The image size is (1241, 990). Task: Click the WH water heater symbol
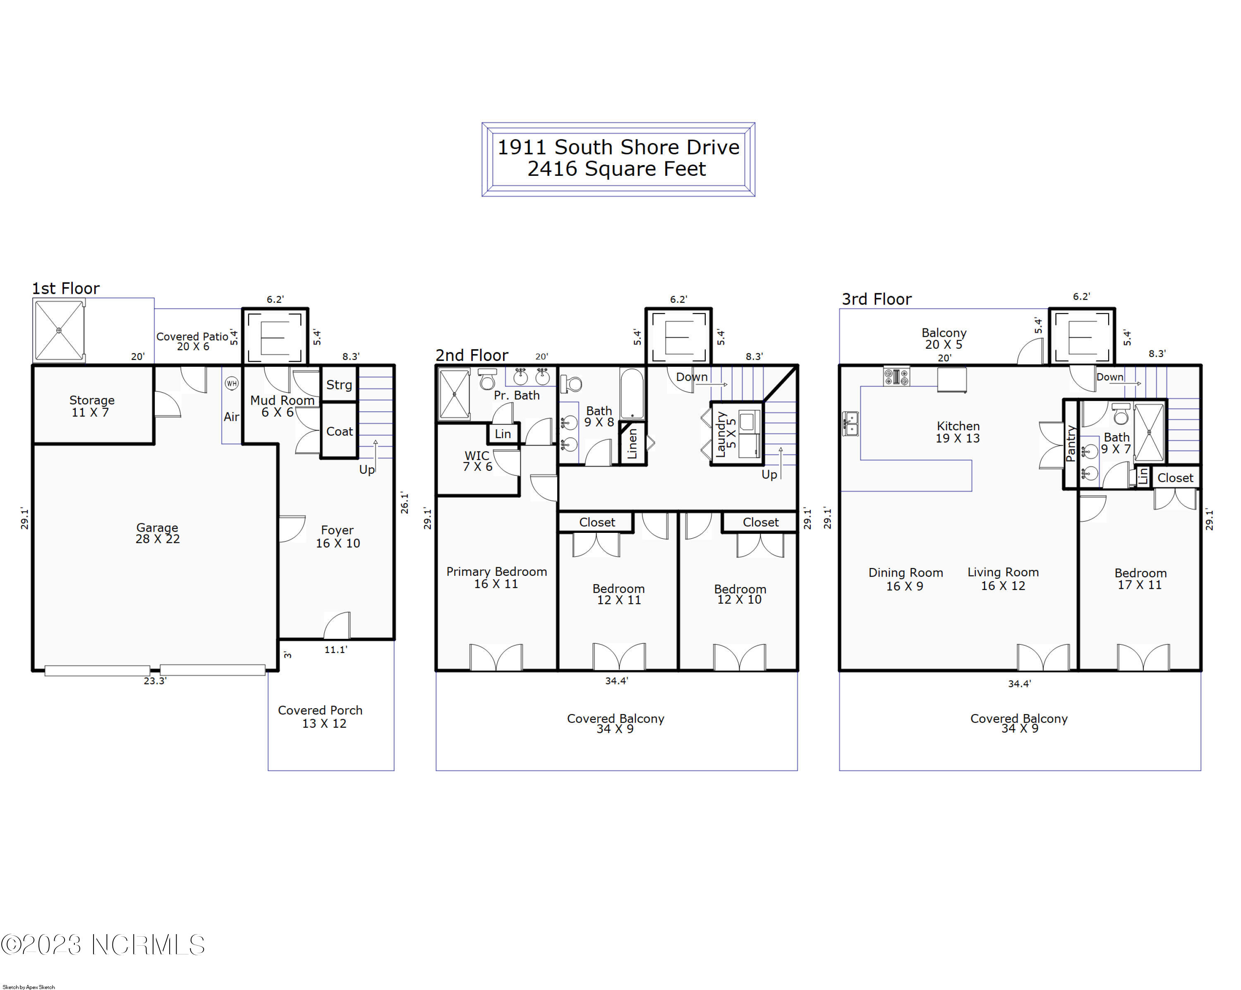tap(231, 384)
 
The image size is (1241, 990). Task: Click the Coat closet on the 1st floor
tap(340, 431)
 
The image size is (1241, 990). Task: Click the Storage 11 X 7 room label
tap(91, 406)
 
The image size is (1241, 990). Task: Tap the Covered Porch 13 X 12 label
tap(321, 717)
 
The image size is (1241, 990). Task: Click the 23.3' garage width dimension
tap(155, 681)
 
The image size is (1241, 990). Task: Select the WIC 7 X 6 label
tap(478, 461)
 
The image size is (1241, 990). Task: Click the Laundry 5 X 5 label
tap(725, 434)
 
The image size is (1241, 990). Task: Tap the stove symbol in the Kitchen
tap(897, 377)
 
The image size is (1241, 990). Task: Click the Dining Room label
tap(906, 573)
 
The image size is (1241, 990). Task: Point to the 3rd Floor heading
tap(877, 299)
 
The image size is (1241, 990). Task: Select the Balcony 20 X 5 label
tap(944, 338)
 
